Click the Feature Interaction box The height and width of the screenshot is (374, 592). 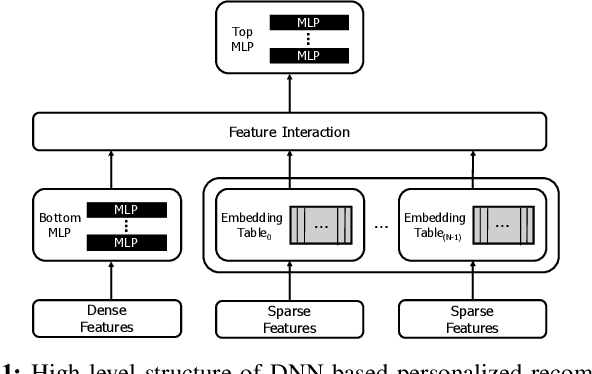click(290, 131)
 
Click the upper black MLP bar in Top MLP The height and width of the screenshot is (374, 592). click(311, 21)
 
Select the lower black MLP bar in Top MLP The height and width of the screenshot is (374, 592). click(311, 57)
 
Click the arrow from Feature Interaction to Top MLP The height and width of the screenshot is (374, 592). click(291, 95)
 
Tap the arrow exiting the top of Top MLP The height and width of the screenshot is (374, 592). click(291, 4)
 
